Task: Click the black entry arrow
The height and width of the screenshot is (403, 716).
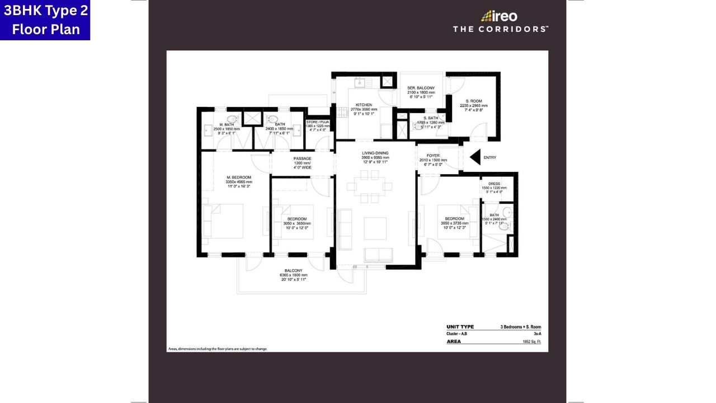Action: [x=475, y=157]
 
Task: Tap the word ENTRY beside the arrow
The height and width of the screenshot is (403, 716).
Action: [x=489, y=158]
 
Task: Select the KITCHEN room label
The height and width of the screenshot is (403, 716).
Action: [x=364, y=105]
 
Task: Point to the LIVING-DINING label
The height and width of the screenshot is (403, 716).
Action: [x=375, y=153]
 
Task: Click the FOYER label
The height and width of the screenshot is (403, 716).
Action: [x=433, y=156]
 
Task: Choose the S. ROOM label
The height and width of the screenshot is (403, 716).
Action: [x=474, y=101]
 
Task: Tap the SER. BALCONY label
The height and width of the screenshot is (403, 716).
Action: [x=421, y=88]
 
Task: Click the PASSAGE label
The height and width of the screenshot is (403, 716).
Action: [x=302, y=158]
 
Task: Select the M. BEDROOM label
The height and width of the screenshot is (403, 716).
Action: [x=239, y=177]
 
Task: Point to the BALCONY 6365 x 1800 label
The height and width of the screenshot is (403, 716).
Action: [x=293, y=271]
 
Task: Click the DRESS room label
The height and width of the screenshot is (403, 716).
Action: [x=494, y=184]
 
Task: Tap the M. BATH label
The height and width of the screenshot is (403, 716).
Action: [x=225, y=124]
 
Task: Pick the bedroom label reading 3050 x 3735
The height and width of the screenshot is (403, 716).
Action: [x=454, y=219]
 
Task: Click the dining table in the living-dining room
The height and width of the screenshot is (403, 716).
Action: [x=369, y=186]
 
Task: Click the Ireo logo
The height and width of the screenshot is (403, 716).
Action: [x=499, y=16]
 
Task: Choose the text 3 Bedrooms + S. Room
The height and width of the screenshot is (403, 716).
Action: [x=520, y=327]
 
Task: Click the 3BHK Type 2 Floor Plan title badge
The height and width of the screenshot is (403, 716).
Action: [x=45, y=20]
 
